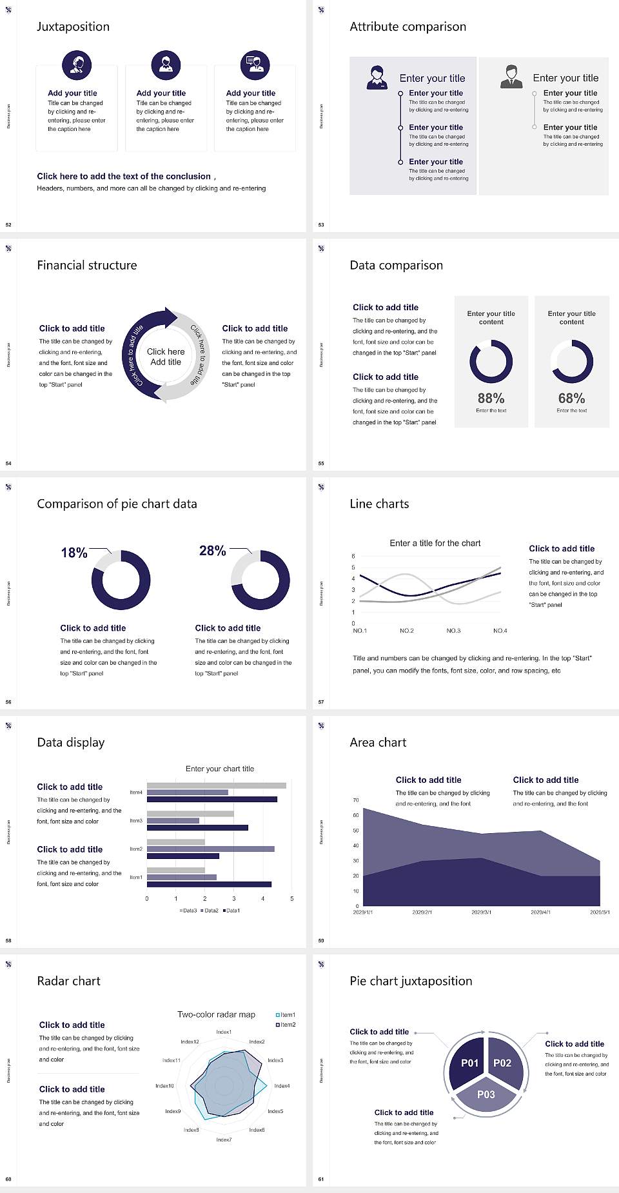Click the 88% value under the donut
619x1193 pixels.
pyautogui.click(x=491, y=399)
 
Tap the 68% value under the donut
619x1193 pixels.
pyautogui.click(x=571, y=399)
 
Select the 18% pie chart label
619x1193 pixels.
pyautogui.click(x=74, y=553)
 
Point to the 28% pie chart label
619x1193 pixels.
pyautogui.click(x=212, y=551)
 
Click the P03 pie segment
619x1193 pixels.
pyautogui.click(x=486, y=1094)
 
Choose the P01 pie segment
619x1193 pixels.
pyautogui.click(x=469, y=1063)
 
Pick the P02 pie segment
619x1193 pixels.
pyautogui.click(x=502, y=1063)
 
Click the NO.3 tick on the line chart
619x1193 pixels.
pyautogui.click(x=453, y=631)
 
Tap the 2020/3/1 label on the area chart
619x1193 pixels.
pyautogui.click(x=481, y=912)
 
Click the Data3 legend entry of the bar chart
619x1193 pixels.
pyautogui.click(x=188, y=911)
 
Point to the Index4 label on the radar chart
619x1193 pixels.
pyautogui.click(x=282, y=1086)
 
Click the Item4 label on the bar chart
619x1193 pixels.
pyautogui.click(x=136, y=793)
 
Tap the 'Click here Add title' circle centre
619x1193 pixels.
pyautogui.click(x=166, y=357)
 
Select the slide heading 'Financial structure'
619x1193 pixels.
pyautogui.click(x=87, y=265)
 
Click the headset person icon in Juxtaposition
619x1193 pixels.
pyautogui.click(x=77, y=64)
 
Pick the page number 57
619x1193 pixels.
pyautogui.click(x=321, y=702)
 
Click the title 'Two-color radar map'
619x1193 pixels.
pyautogui.click(x=216, y=1014)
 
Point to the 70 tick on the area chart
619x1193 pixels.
pyautogui.click(x=355, y=800)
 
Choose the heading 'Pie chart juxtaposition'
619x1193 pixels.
pyautogui.click(x=411, y=981)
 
